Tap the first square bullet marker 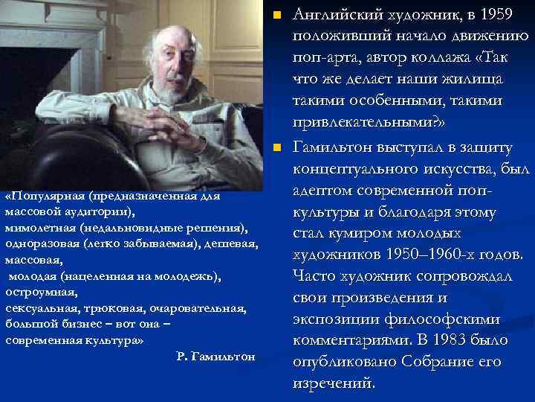[x=276, y=15]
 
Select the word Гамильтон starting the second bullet [x=334, y=147]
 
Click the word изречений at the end [x=334, y=384]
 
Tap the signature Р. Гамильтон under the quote [x=216, y=357]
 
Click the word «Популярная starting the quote [x=45, y=197]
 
